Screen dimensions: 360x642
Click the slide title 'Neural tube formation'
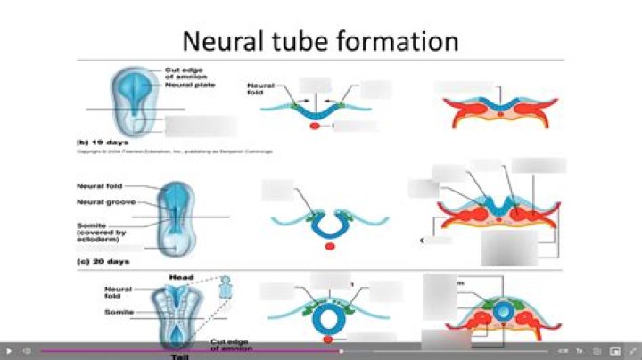320,40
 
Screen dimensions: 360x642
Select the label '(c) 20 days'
102,262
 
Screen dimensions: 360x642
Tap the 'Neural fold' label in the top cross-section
259,89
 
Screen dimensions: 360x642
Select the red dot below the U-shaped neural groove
330,246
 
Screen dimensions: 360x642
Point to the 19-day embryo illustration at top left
134,100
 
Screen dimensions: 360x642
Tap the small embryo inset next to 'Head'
225,286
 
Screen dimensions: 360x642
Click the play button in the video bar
9,351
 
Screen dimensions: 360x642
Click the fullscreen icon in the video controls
632,351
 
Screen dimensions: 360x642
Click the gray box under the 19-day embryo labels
201,126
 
